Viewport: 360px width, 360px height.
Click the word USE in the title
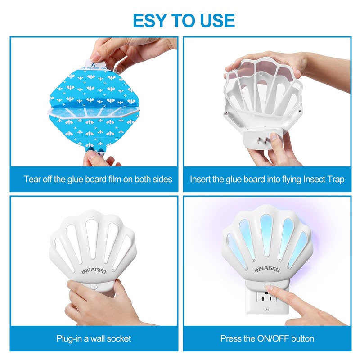point(215,21)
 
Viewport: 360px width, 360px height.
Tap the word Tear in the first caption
point(32,179)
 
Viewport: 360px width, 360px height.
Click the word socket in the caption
point(119,338)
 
